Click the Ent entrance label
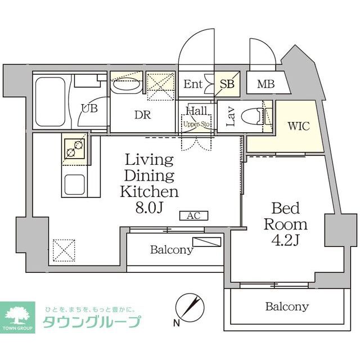click(193, 85)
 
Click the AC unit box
click(193, 215)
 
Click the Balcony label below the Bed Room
click(287, 307)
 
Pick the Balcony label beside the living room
click(171, 250)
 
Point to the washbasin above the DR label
click(125, 86)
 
